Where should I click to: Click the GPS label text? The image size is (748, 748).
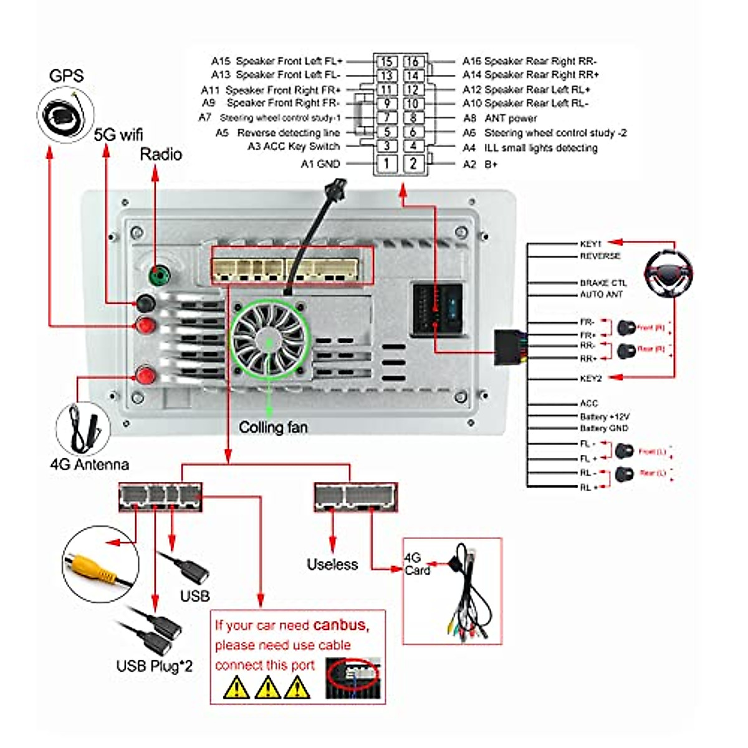(66, 76)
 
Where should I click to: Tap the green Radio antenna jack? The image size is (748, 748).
(160, 274)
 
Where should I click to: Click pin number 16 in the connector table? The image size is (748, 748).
(413, 61)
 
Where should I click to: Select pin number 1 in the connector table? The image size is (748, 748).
(386, 163)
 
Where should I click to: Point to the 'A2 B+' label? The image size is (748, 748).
(480, 164)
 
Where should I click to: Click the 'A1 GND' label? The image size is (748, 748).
(320, 164)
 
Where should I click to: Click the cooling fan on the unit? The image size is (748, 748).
(269, 340)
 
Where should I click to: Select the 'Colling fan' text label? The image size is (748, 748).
(273, 428)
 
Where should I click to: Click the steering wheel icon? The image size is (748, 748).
(668, 272)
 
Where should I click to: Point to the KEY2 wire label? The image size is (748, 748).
(590, 378)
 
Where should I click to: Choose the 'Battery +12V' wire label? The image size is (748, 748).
(604, 416)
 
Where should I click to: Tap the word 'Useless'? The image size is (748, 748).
(332, 564)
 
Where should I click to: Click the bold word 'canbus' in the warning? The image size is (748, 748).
(340, 625)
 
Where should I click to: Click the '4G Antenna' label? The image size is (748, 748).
(89, 464)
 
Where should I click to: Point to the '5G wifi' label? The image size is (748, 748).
(118, 134)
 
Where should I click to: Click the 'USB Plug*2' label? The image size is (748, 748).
(155, 666)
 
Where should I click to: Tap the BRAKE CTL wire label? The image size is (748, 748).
(603, 282)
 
